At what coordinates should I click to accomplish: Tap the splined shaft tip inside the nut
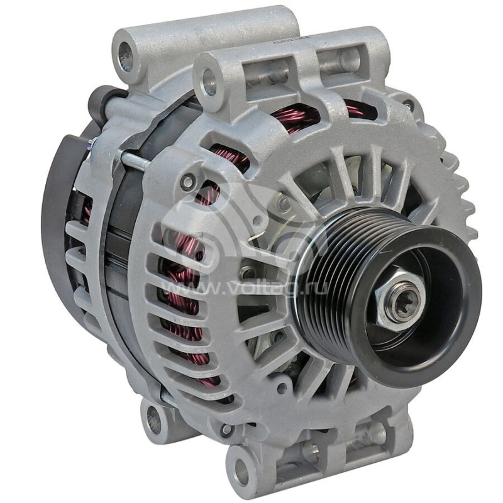398,299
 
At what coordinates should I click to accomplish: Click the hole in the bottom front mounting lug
240,468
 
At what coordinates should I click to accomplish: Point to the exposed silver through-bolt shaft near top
135,160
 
